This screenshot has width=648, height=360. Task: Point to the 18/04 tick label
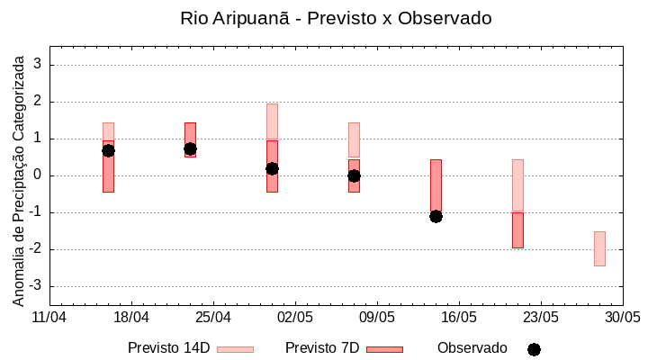pyautogui.click(x=131, y=318)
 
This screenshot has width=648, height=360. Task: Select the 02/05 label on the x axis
pyautogui.click(x=295, y=318)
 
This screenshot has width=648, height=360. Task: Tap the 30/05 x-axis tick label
pyautogui.click(x=623, y=318)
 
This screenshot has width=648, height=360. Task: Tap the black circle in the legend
pyautogui.click(x=534, y=349)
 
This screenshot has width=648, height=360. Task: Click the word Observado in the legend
pyautogui.click(x=472, y=348)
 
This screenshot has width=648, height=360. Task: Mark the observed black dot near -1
pyautogui.click(x=436, y=216)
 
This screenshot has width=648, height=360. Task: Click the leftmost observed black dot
pyautogui.click(x=108, y=150)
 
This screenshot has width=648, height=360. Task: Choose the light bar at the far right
pyautogui.click(x=599, y=248)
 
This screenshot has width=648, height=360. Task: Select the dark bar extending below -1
pyautogui.click(x=517, y=230)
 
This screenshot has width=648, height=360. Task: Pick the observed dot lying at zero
pyautogui.click(x=354, y=175)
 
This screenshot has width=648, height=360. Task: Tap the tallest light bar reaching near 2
pyautogui.click(x=272, y=121)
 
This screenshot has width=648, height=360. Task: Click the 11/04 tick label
pyautogui.click(x=49, y=318)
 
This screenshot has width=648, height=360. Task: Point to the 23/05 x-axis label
pyautogui.click(x=541, y=318)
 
